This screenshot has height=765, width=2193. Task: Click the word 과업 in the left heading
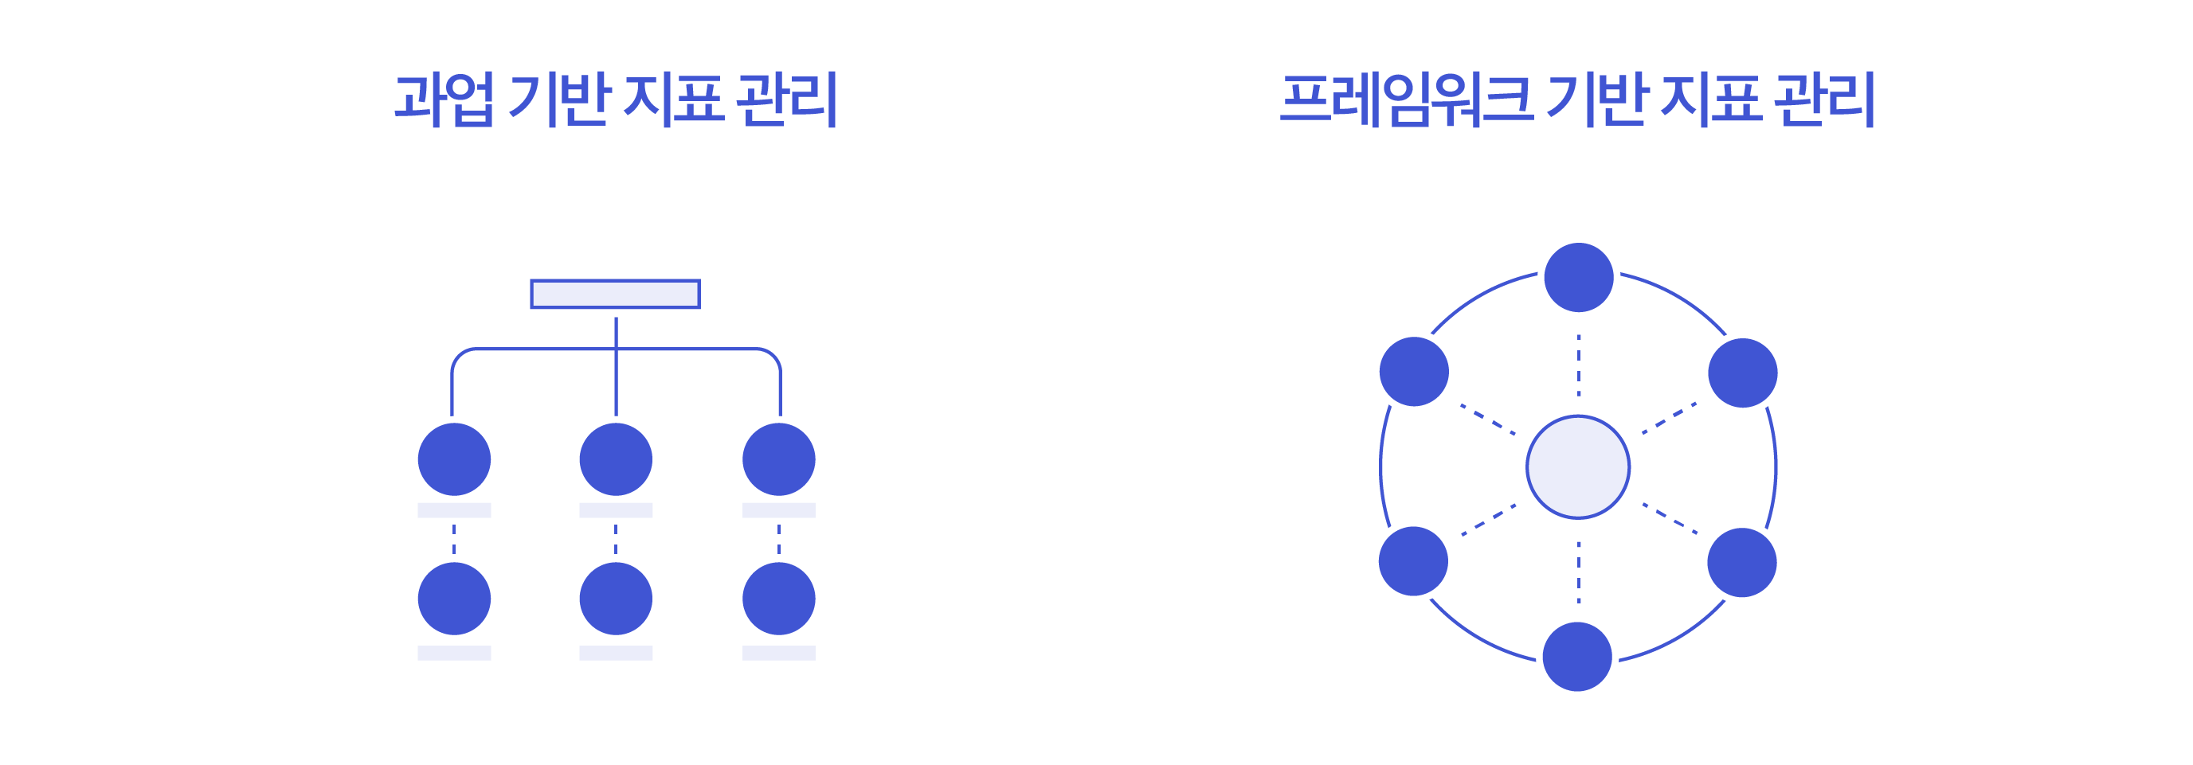coord(444,100)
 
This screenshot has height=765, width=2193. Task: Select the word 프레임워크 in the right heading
coord(1405,100)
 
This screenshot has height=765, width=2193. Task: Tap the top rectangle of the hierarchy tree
coord(615,294)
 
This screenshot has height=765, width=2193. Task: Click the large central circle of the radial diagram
coord(1577,466)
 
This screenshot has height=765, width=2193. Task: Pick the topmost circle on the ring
coord(1578,277)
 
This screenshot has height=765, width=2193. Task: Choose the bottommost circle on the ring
coord(1576,656)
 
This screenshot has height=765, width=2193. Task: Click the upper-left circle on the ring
coord(1414,371)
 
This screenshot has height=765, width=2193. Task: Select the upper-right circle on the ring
coord(1743,373)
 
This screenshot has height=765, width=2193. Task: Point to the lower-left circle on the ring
coord(1413,560)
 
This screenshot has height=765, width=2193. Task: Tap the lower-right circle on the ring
coord(1742,563)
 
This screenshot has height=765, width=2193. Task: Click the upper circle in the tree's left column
coord(454,459)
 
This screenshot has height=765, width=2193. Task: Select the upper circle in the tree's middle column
coord(616,459)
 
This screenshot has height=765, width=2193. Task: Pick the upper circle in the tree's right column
coord(778,459)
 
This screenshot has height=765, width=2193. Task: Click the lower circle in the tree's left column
coord(454,598)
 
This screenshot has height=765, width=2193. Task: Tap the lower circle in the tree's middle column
coord(616,598)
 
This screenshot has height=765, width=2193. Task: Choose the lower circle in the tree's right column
coord(778,598)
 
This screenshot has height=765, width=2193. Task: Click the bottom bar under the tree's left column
coord(454,653)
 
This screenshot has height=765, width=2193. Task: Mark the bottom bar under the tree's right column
coord(778,653)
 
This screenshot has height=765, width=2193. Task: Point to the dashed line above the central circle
coord(1578,365)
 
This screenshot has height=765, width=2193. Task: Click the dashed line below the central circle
coord(1578,571)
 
